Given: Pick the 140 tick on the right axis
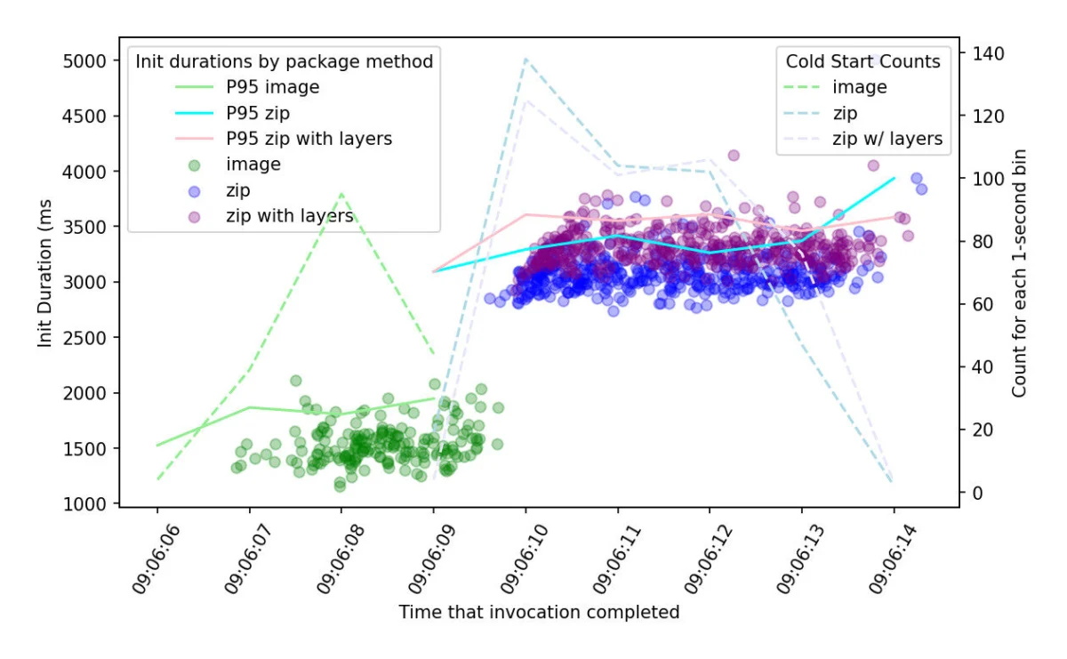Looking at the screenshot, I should (x=988, y=54).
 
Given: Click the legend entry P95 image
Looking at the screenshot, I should (x=273, y=87).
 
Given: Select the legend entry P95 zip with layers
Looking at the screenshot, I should (x=309, y=139).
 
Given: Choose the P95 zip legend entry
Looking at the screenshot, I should (x=258, y=113).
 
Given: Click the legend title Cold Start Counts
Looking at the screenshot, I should (x=862, y=61).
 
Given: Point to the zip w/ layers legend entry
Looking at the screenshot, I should (x=887, y=139).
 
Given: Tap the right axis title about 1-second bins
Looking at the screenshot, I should (x=1020, y=273).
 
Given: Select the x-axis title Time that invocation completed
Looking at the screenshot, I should (x=539, y=612).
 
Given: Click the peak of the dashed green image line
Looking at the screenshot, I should (x=341, y=193).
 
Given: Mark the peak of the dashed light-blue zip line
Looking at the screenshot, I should (x=525, y=59).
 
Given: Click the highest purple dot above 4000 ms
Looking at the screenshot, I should (x=734, y=156).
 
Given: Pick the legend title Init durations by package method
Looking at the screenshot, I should (x=284, y=61).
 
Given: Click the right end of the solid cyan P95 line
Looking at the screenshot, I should (x=895, y=178).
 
